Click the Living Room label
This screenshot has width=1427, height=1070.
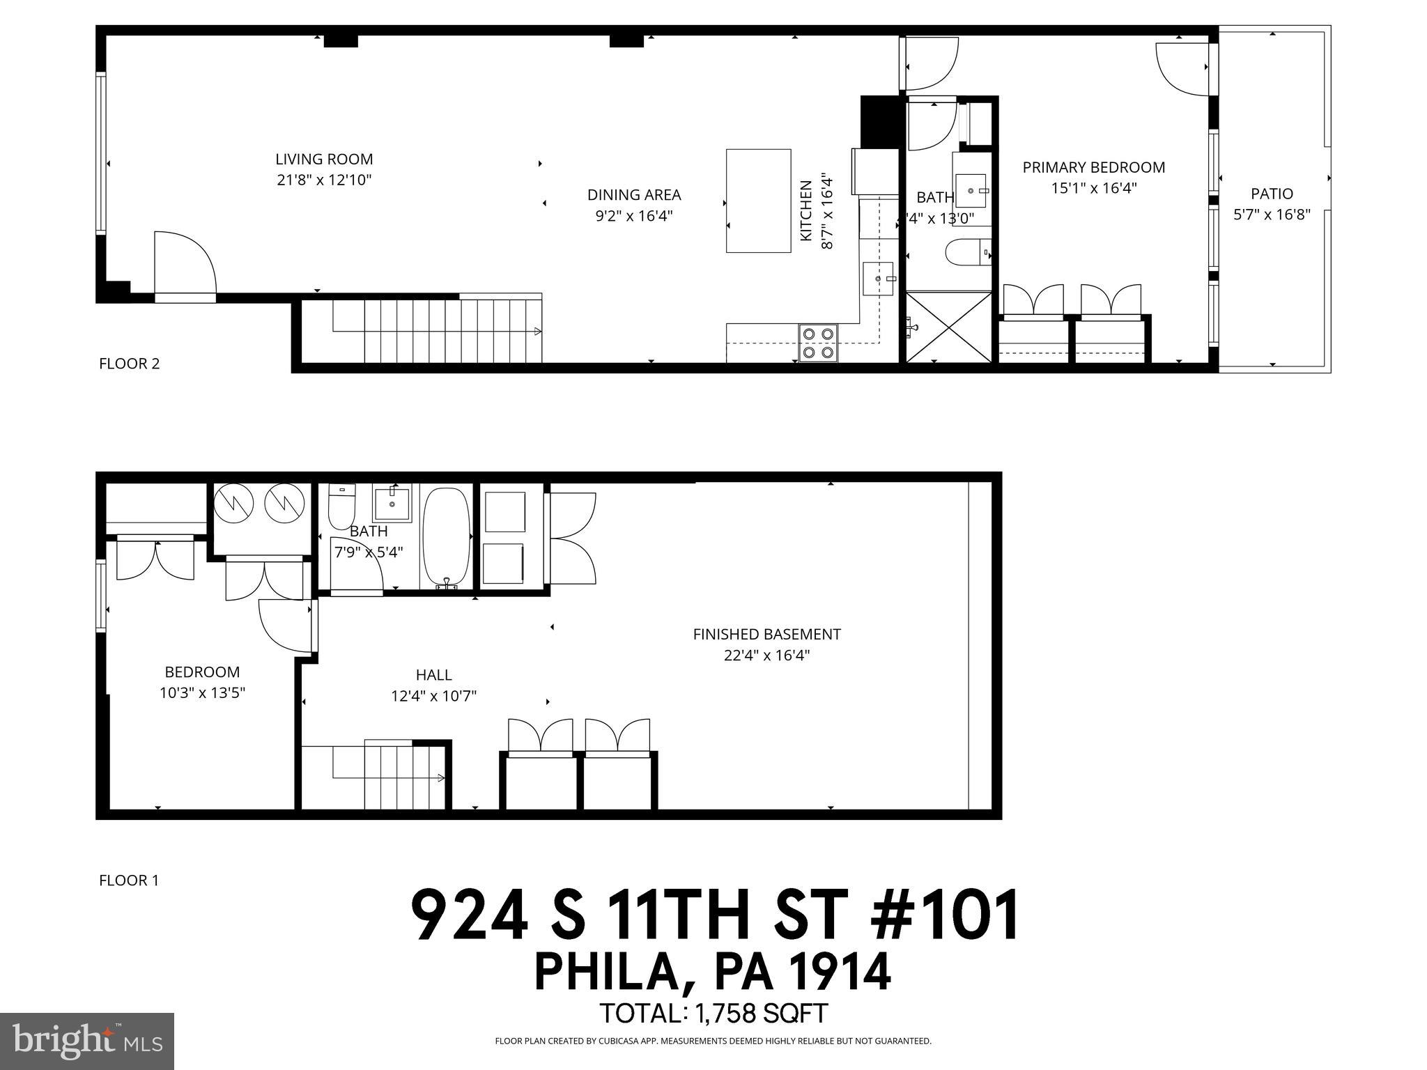click(x=324, y=159)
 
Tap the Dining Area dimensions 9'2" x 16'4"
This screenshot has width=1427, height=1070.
click(x=633, y=216)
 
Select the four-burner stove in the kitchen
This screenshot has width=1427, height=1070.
click(x=818, y=343)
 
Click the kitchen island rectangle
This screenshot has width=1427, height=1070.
click(x=758, y=201)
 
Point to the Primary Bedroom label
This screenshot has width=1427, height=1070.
click(x=1093, y=167)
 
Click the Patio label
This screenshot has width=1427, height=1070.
click(x=1272, y=194)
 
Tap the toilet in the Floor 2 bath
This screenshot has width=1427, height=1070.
click(x=965, y=253)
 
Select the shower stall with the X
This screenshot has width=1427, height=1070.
click(x=948, y=327)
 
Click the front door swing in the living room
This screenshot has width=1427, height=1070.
click(x=183, y=265)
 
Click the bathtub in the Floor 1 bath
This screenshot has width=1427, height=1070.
click(x=446, y=537)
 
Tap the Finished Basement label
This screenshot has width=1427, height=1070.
click(x=766, y=634)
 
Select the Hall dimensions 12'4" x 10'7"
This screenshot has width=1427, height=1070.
click(x=433, y=695)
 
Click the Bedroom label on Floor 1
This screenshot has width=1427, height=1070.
click(x=202, y=672)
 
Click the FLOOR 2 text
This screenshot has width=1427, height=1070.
click(x=130, y=364)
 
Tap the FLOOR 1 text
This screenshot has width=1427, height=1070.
click(x=129, y=881)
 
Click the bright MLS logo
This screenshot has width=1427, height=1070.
click(x=87, y=1041)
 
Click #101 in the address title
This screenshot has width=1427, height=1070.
click(x=946, y=915)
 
